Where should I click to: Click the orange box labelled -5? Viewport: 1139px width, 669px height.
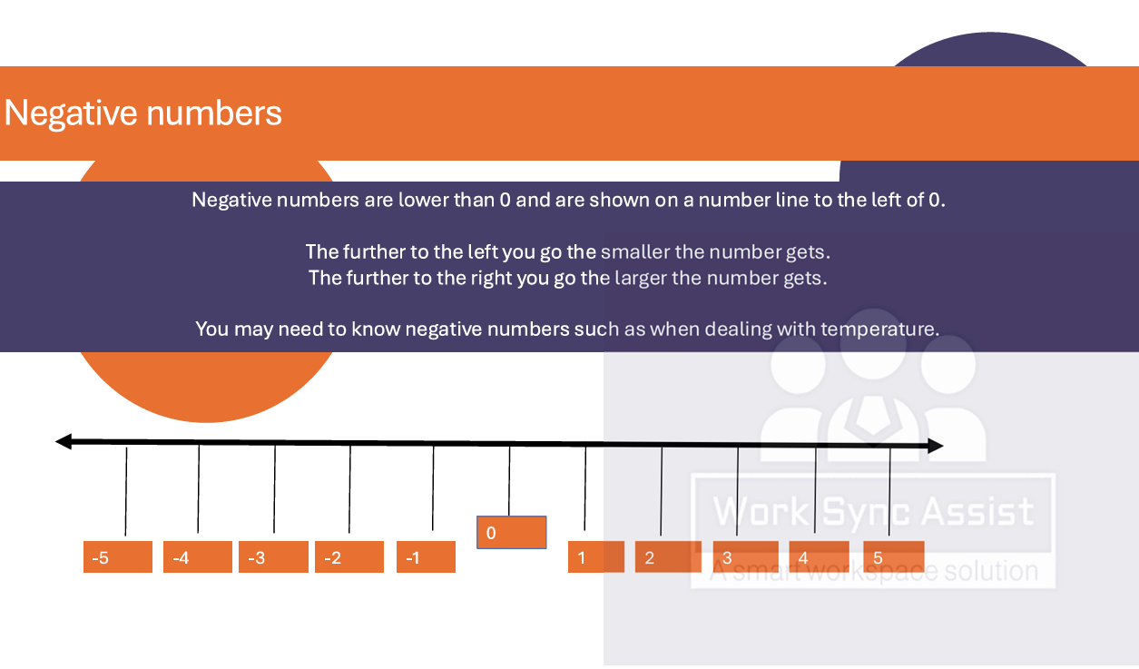coord(118,557)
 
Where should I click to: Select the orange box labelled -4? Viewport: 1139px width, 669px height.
coord(198,557)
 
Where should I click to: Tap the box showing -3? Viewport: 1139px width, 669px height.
coord(273,557)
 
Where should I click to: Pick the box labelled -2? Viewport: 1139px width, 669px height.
coord(349,557)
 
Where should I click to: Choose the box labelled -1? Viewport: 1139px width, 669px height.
coord(427,557)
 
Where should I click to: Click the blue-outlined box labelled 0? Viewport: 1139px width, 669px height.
coord(512,533)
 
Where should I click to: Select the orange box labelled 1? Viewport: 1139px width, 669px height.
coord(596,557)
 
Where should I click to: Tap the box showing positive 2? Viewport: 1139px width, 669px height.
coord(668,557)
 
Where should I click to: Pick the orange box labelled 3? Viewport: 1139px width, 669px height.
coord(745,557)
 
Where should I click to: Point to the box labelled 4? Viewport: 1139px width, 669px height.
coord(820,557)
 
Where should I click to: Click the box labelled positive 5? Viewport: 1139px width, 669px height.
coord(894,557)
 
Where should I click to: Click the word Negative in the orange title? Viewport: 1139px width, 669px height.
coord(71,113)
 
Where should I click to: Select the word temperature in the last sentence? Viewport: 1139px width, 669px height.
coord(879,330)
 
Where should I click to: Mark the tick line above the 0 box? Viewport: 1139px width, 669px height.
coord(509,481)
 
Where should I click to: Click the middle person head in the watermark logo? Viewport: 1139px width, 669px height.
coord(873,344)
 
